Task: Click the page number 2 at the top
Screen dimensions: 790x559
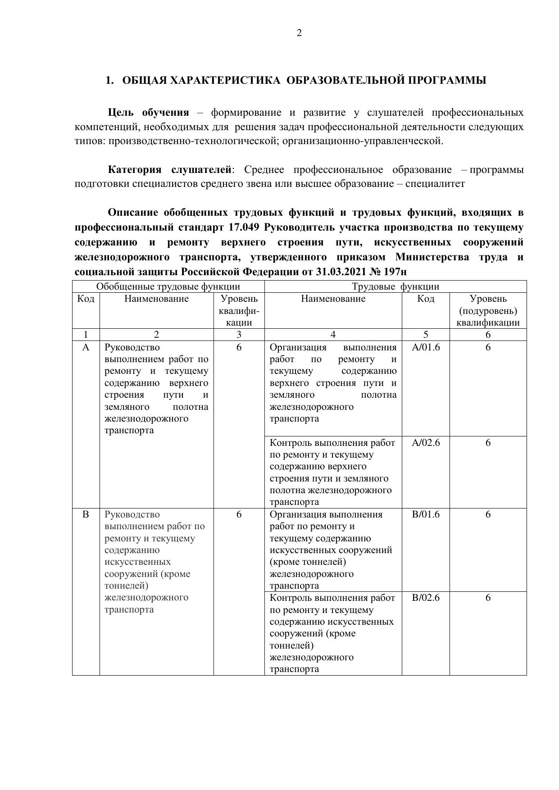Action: [x=299, y=33]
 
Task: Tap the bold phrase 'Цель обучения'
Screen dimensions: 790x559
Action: [x=148, y=113]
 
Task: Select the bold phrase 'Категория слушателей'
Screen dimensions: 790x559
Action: [x=169, y=170]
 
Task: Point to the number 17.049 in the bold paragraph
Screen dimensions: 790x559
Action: [x=241, y=227]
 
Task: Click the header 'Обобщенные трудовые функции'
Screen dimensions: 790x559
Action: [x=168, y=286]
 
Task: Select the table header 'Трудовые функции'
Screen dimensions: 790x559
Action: [x=395, y=286]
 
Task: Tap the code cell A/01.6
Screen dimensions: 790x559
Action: [x=426, y=347]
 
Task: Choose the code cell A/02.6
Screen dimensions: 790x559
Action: [x=426, y=443]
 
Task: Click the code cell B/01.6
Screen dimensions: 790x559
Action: [x=426, y=514]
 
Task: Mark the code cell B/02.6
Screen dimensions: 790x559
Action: [x=426, y=598]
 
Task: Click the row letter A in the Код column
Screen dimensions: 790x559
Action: [x=86, y=347]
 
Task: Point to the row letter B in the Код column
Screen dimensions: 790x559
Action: [x=86, y=514]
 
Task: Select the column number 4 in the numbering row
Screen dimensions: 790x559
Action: [x=333, y=335]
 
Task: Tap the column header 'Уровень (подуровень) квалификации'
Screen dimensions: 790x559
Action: [x=488, y=311]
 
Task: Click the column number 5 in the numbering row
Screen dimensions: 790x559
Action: [x=426, y=335]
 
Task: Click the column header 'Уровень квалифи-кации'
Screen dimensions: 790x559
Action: [x=239, y=311]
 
